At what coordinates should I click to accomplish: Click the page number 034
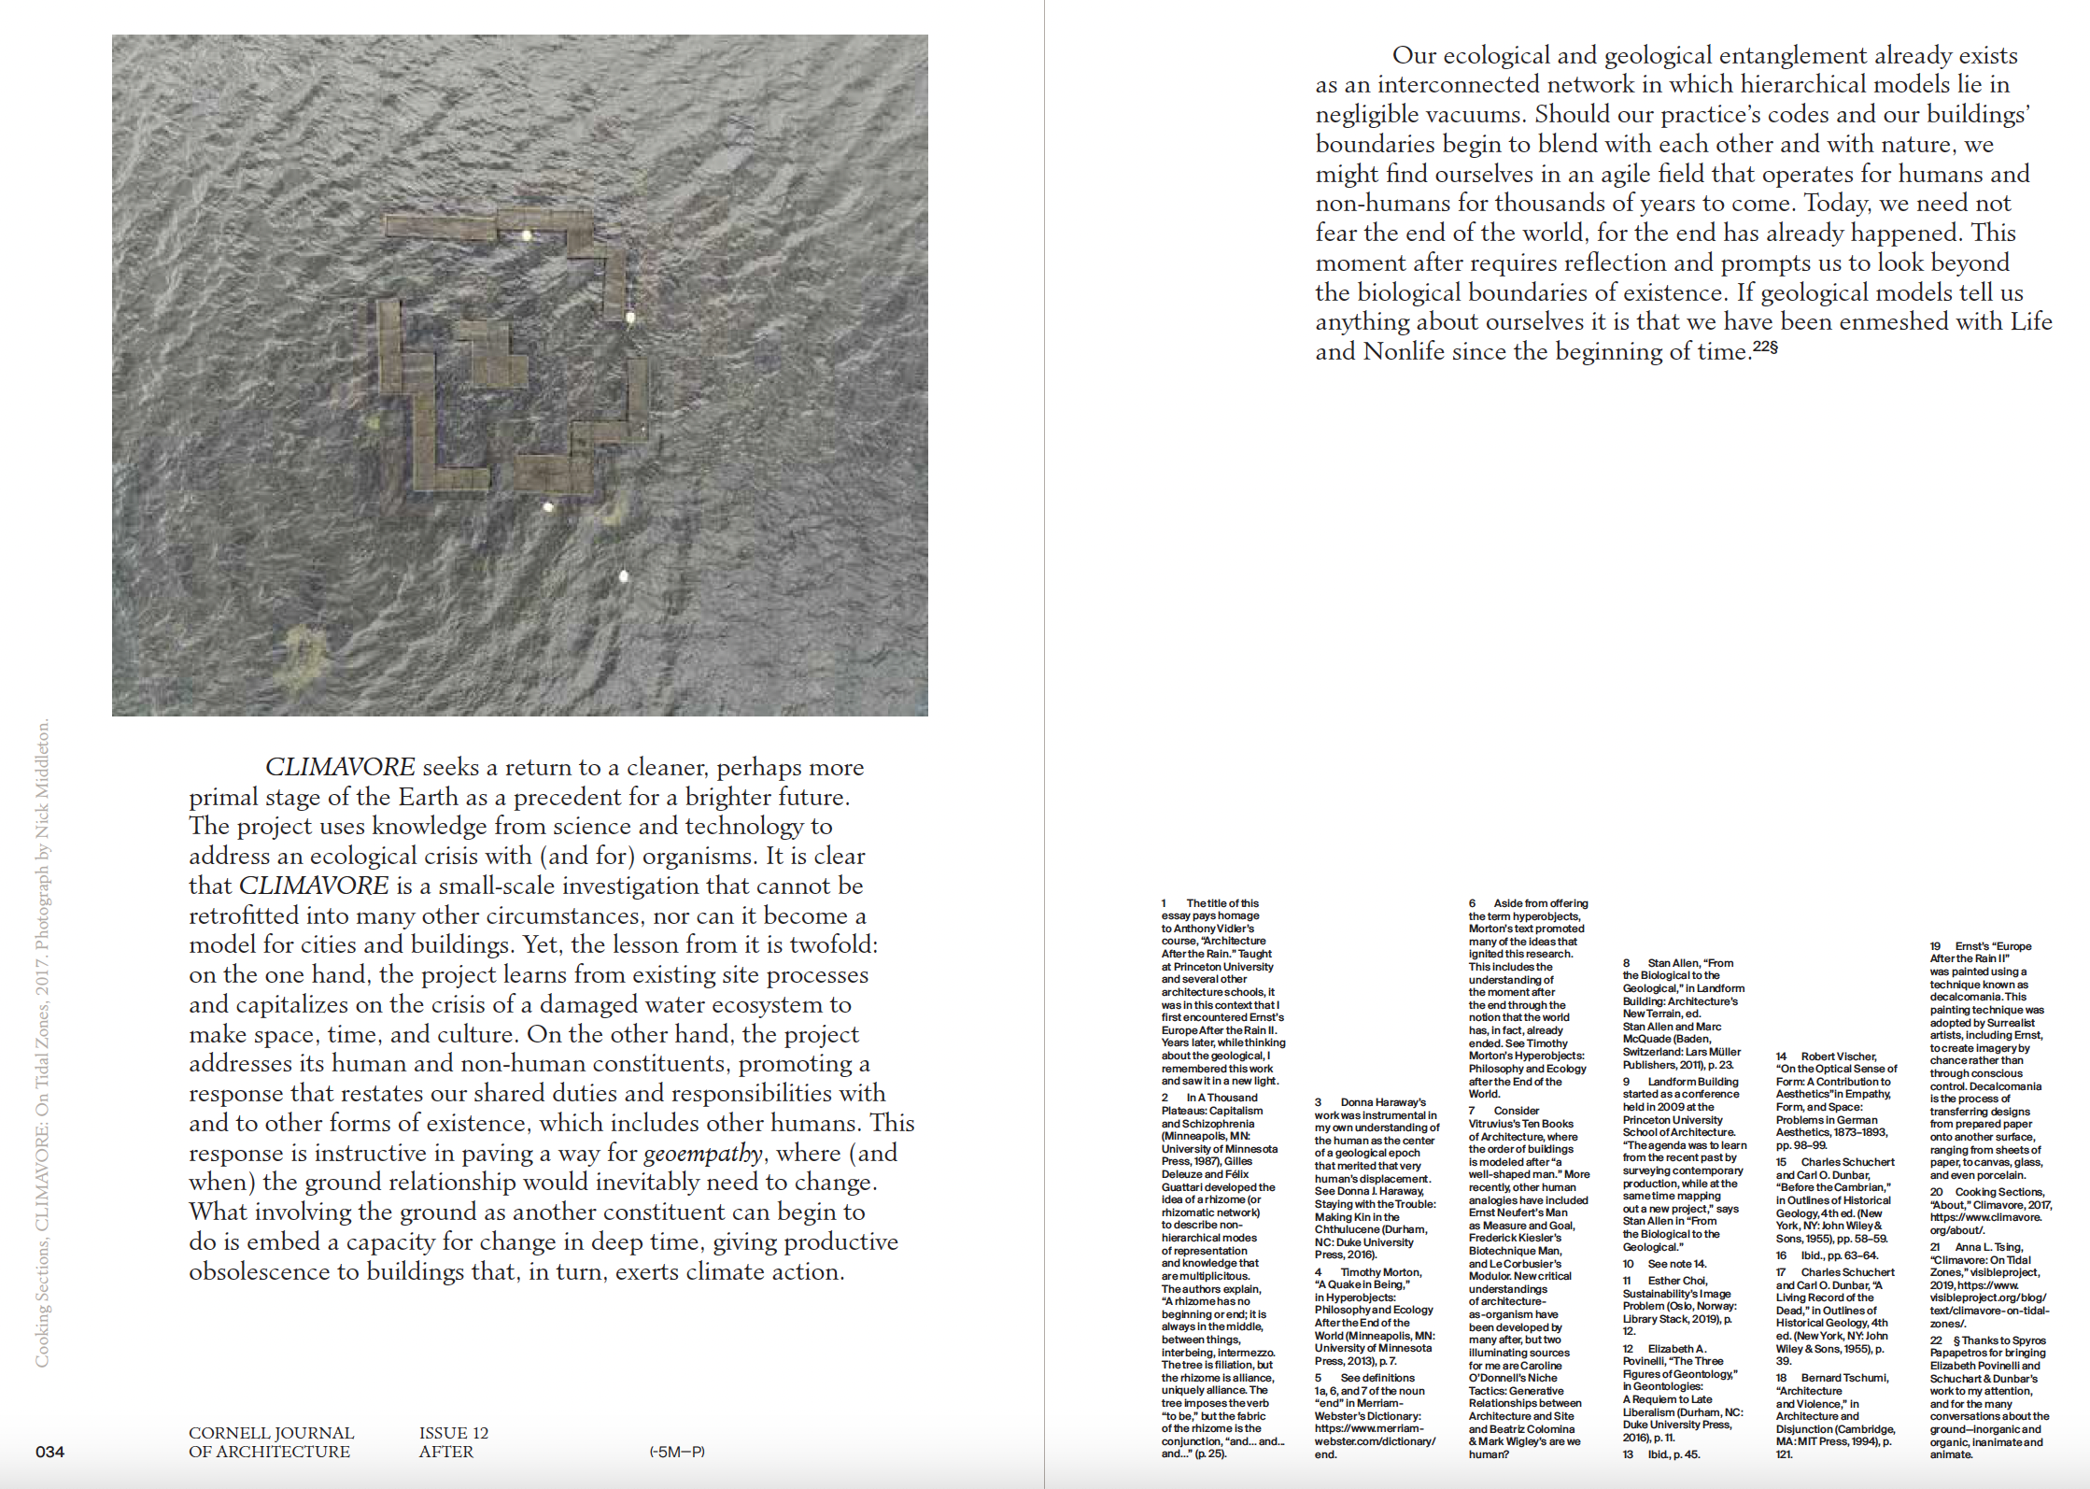pyautogui.click(x=50, y=1452)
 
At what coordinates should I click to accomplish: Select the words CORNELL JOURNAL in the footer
pyautogui.click(x=271, y=1433)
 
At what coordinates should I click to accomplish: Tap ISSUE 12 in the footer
pyautogui.click(x=454, y=1433)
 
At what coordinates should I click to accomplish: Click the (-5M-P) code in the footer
pyautogui.click(x=677, y=1452)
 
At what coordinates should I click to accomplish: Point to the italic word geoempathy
pyautogui.click(x=703, y=1153)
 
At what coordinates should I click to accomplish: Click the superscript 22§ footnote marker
pyautogui.click(x=1765, y=347)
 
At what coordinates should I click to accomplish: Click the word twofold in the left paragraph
pyautogui.click(x=833, y=945)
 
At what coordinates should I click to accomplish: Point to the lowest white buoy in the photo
pyautogui.click(x=624, y=576)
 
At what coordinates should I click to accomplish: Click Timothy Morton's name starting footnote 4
pyautogui.click(x=1380, y=1272)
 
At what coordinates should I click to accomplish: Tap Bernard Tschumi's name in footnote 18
pyautogui.click(x=1844, y=1378)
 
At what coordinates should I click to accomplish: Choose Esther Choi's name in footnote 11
pyautogui.click(x=1677, y=1281)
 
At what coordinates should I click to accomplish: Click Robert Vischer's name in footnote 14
pyautogui.click(x=1838, y=1056)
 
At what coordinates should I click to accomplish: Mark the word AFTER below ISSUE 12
pyautogui.click(x=445, y=1452)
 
